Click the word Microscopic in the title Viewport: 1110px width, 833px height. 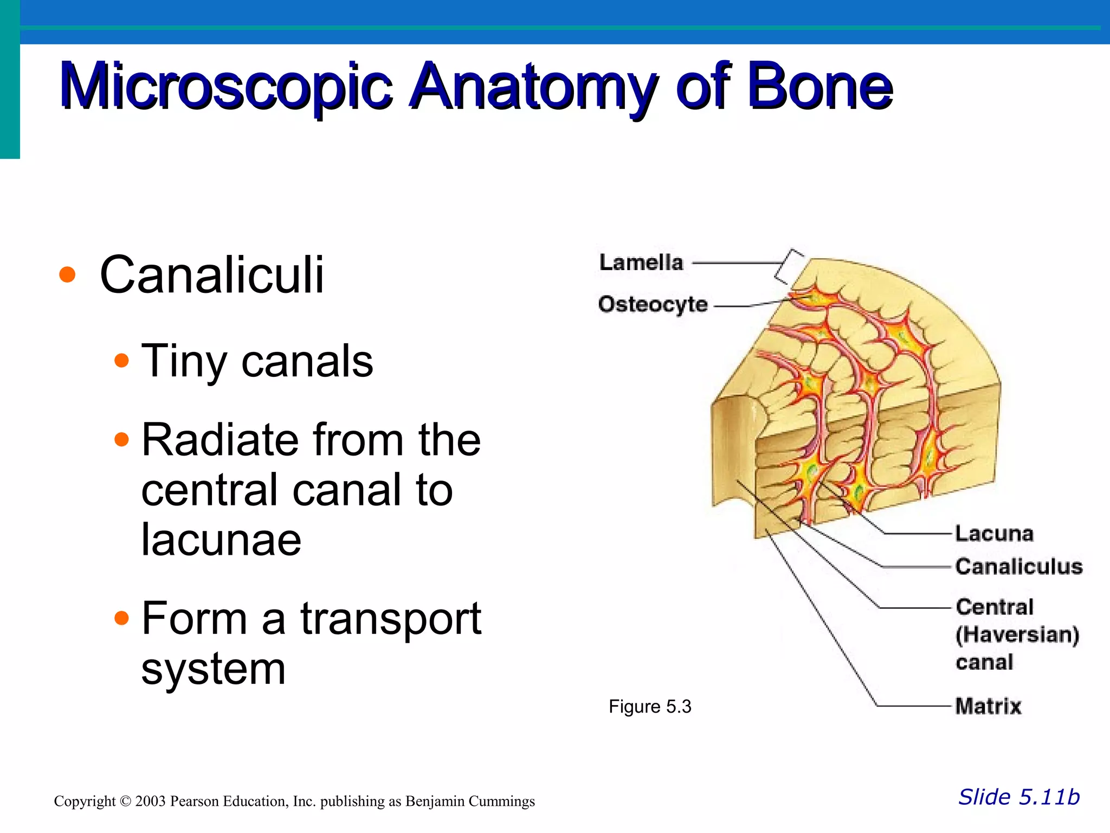225,87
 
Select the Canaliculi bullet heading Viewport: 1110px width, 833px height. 212,275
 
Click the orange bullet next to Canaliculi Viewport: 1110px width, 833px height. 67,274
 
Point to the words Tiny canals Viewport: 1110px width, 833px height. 257,361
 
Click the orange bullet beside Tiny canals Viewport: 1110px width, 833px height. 122,361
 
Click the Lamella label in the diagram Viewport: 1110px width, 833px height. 641,262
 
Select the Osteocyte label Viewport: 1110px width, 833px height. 653,304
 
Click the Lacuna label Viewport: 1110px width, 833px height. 994,534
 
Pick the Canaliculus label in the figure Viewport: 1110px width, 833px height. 1018,567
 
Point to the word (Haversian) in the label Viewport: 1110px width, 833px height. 1017,635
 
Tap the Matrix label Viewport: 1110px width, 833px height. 988,706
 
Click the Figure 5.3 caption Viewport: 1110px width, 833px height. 650,707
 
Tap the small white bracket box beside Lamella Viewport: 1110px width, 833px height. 790,266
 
